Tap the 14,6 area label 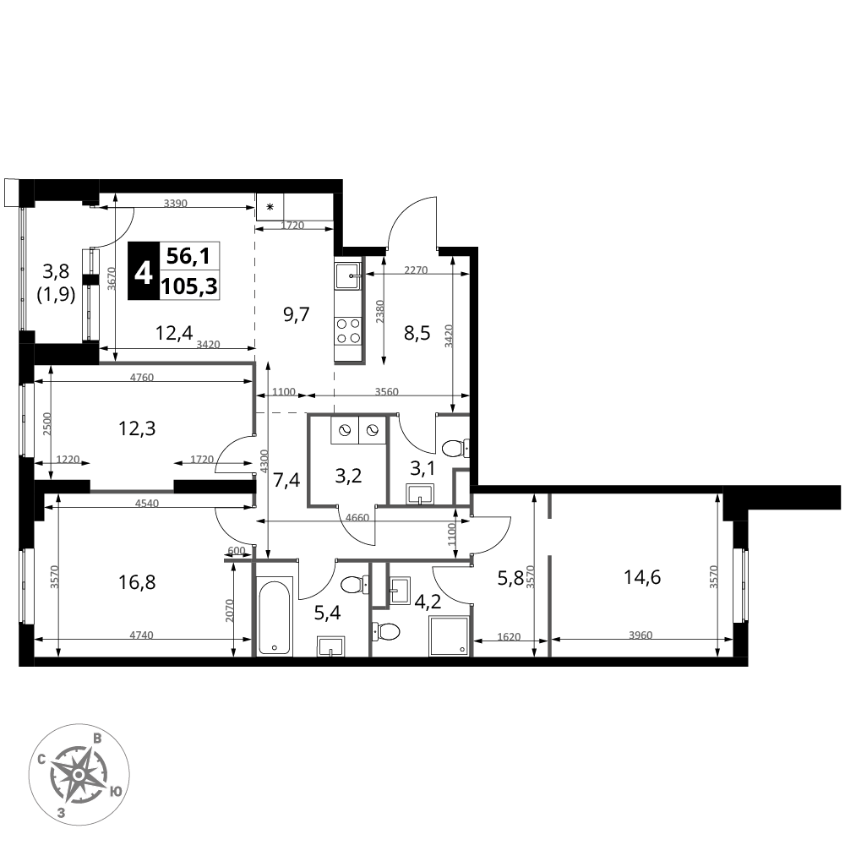coord(642,578)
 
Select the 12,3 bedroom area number coord(136,428)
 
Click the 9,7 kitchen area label coord(297,315)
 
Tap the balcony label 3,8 coord(57,271)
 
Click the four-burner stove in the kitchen coord(348,329)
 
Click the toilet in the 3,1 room coord(456,446)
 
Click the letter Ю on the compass coord(116,792)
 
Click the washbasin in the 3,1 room coord(419,493)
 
